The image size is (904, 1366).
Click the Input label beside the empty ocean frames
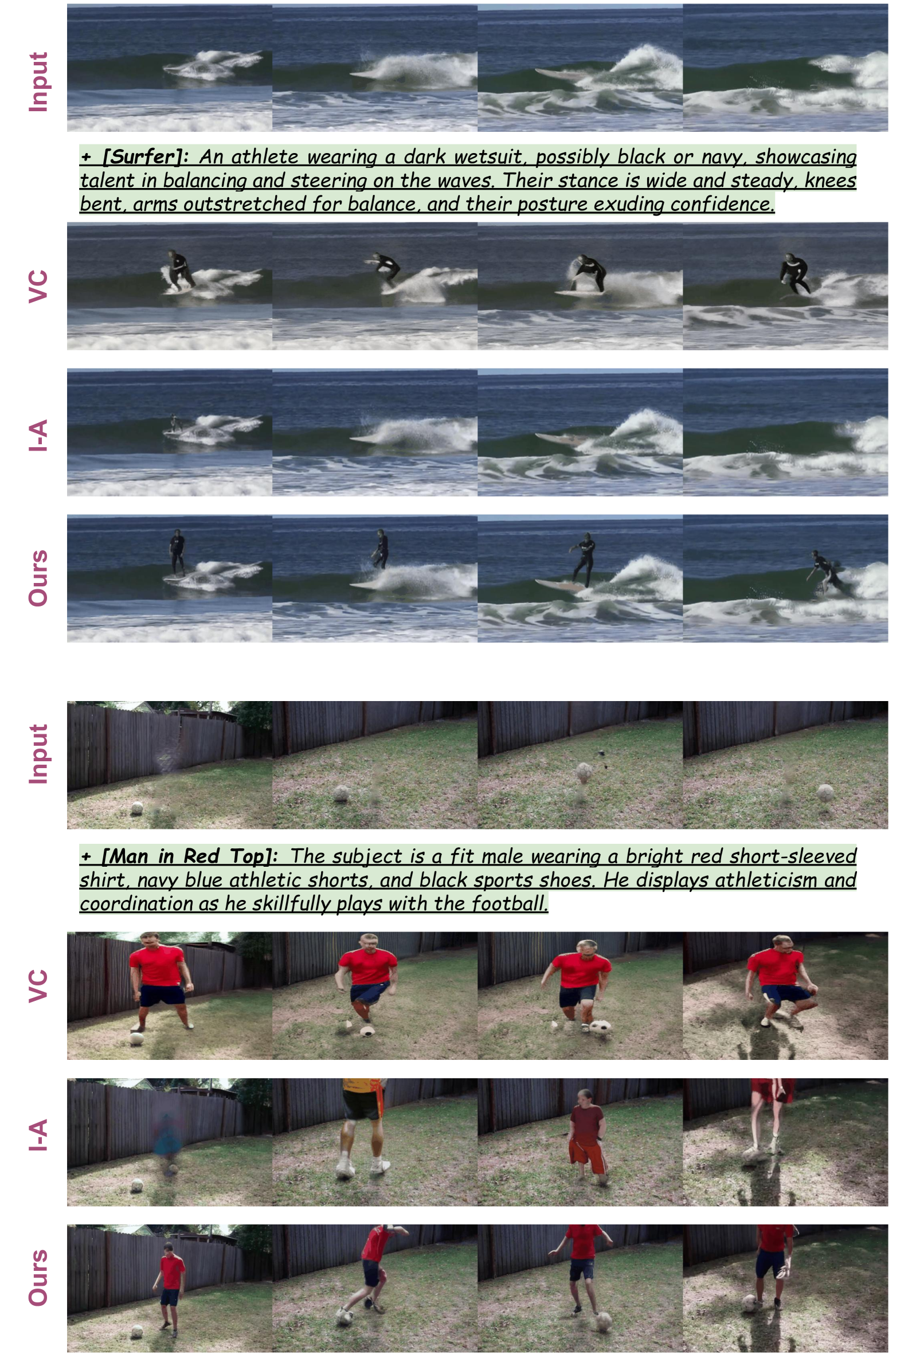click(38, 82)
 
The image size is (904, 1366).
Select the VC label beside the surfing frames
click(38, 286)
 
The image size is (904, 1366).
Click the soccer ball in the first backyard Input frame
click(136, 808)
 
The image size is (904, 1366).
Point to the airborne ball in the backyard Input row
click(584, 772)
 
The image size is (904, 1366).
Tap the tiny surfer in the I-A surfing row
click(174, 424)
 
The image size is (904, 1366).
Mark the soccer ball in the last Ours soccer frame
click(749, 1301)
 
